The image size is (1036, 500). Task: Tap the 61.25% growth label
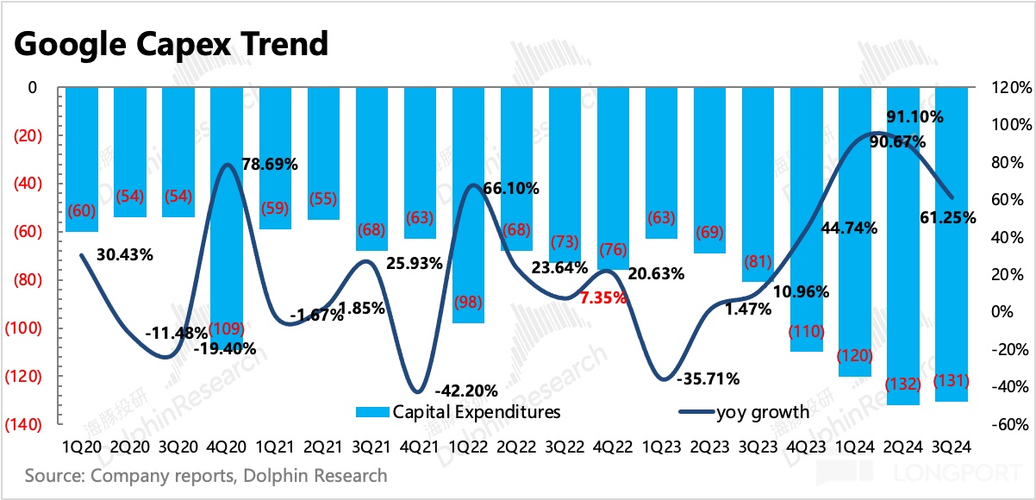pos(947,218)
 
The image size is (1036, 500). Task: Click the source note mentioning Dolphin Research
pos(206,476)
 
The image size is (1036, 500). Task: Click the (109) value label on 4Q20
pos(226,329)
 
